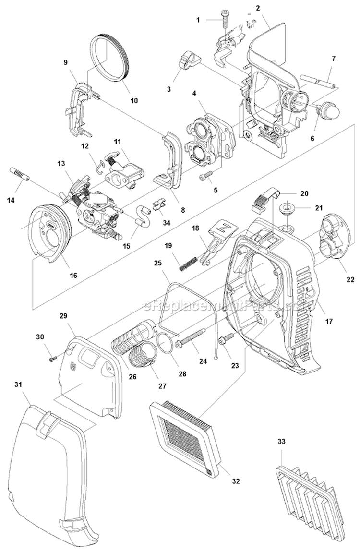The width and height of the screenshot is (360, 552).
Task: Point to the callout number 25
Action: point(158,263)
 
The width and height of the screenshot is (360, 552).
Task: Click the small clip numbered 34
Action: point(156,204)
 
